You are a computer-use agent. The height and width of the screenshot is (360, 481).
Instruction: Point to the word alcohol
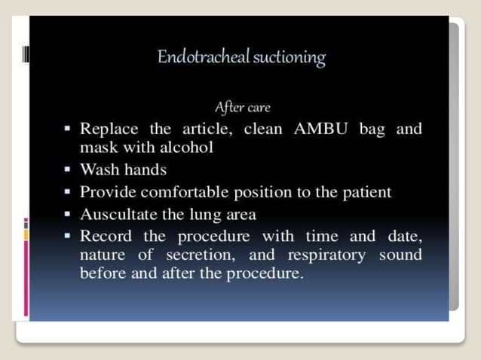(x=185, y=147)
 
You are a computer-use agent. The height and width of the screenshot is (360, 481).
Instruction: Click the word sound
(x=400, y=255)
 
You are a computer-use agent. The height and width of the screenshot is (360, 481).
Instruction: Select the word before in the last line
(x=103, y=273)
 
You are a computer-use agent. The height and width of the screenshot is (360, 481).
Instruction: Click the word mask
(x=97, y=147)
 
